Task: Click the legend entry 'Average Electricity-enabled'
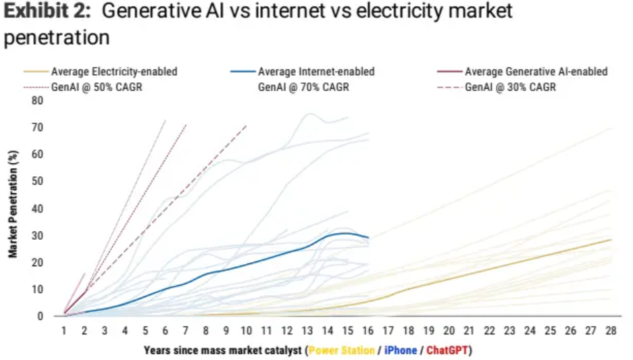114,72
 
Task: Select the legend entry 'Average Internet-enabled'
316,72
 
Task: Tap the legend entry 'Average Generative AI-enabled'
536,72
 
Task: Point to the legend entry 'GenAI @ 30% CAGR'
510,87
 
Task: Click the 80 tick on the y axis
36,101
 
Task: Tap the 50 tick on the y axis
36,182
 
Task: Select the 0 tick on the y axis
40,316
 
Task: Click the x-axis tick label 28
611,332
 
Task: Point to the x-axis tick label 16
368,332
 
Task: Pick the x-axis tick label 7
185,332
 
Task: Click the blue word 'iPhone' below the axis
401,351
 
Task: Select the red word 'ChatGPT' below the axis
447,351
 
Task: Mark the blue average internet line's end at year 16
368,238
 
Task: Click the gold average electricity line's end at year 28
611,240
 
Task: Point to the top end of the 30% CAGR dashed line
247,126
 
